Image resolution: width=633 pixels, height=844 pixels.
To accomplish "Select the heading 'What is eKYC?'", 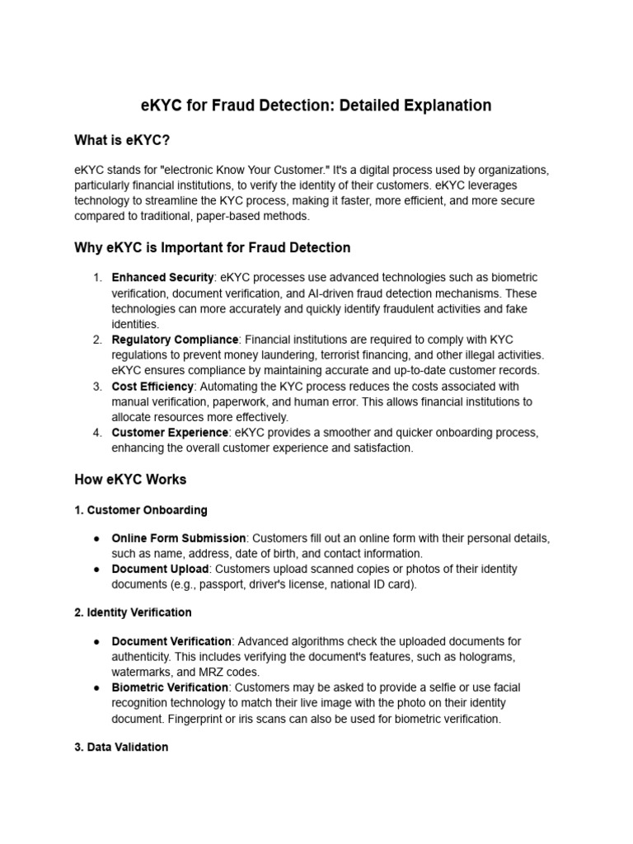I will [121, 140].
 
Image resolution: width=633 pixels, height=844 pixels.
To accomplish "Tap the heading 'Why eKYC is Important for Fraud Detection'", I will [212, 247].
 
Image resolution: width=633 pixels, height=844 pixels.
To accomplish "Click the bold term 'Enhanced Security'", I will [162, 278].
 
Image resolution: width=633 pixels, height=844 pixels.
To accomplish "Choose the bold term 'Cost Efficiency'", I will [152, 387].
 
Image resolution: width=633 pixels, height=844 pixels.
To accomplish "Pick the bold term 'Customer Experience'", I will [170, 433].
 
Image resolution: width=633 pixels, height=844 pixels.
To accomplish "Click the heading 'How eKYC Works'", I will [130, 479].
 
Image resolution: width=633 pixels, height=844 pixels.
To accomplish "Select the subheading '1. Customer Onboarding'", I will [140, 510].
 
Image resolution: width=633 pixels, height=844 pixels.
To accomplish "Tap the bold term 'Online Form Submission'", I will [179, 538].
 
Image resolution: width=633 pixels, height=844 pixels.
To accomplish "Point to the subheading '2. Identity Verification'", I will [133, 612].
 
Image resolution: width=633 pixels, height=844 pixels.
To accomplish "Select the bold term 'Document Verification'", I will [171, 641].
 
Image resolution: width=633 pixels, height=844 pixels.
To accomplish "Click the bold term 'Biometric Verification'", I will [170, 687].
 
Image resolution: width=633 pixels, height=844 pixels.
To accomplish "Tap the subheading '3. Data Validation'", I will [121, 747].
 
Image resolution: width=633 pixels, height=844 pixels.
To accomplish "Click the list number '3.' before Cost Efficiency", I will [96, 387].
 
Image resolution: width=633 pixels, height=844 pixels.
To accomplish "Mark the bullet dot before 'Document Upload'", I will [96, 569].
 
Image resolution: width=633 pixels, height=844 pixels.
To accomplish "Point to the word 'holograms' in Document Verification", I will [489, 656].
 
